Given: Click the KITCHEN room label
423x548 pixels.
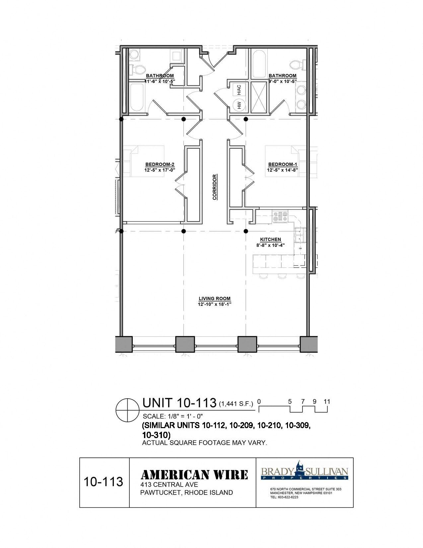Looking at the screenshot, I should click(270, 239).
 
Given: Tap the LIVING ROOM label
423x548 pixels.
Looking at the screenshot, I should click(214, 299).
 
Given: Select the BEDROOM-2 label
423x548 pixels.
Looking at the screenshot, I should click(160, 164).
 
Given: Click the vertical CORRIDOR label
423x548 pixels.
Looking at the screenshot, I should click(215, 187).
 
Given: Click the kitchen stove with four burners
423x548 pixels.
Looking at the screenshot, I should click(280, 216).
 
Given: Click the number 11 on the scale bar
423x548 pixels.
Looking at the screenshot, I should click(327, 402).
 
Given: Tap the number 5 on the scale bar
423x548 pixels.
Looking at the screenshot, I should click(290, 402).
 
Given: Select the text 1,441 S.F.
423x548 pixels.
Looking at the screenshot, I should click(236, 404).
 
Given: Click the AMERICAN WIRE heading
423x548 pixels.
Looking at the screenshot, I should click(194, 475).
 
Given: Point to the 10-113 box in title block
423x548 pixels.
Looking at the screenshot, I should click(104, 482).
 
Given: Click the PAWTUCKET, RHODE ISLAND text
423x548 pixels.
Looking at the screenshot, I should click(186, 493).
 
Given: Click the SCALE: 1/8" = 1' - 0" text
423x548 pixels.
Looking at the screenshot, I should click(173, 416).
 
